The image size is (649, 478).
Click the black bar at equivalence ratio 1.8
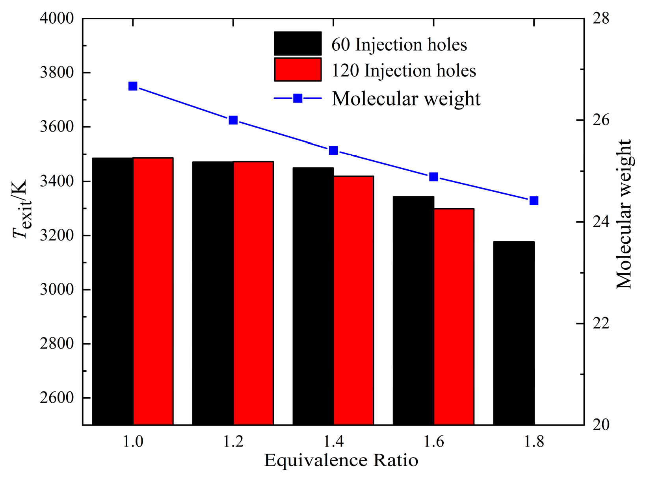click(x=514, y=333)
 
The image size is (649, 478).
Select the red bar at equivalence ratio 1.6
click(x=454, y=317)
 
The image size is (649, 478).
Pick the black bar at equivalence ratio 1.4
click(x=313, y=296)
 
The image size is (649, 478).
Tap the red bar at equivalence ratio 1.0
click(x=153, y=291)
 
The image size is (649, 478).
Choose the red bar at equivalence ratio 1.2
click(x=253, y=293)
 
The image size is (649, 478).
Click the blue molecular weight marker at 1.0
click(x=133, y=86)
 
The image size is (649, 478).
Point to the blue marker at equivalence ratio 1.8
click(x=534, y=201)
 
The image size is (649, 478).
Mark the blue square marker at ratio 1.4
click(x=333, y=150)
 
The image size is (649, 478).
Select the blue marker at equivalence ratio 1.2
click(x=233, y=120)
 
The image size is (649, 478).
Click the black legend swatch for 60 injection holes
click(x=298, y=43)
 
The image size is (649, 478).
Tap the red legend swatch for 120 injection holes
click(x=298, y=70)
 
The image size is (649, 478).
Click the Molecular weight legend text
click(x=406, y=98)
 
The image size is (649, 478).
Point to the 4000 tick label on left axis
click(x=57, y=19)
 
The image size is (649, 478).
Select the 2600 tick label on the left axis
click(x=57, y=398)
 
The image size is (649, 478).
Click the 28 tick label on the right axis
click(x=601, y=19)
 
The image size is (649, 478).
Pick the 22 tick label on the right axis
click(x=601, y=323)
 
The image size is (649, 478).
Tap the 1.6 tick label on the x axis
click(x=434, y=442)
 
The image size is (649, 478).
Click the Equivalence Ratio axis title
click(x=341, y=460)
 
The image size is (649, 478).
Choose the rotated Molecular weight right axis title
click(x=624, y=215)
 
